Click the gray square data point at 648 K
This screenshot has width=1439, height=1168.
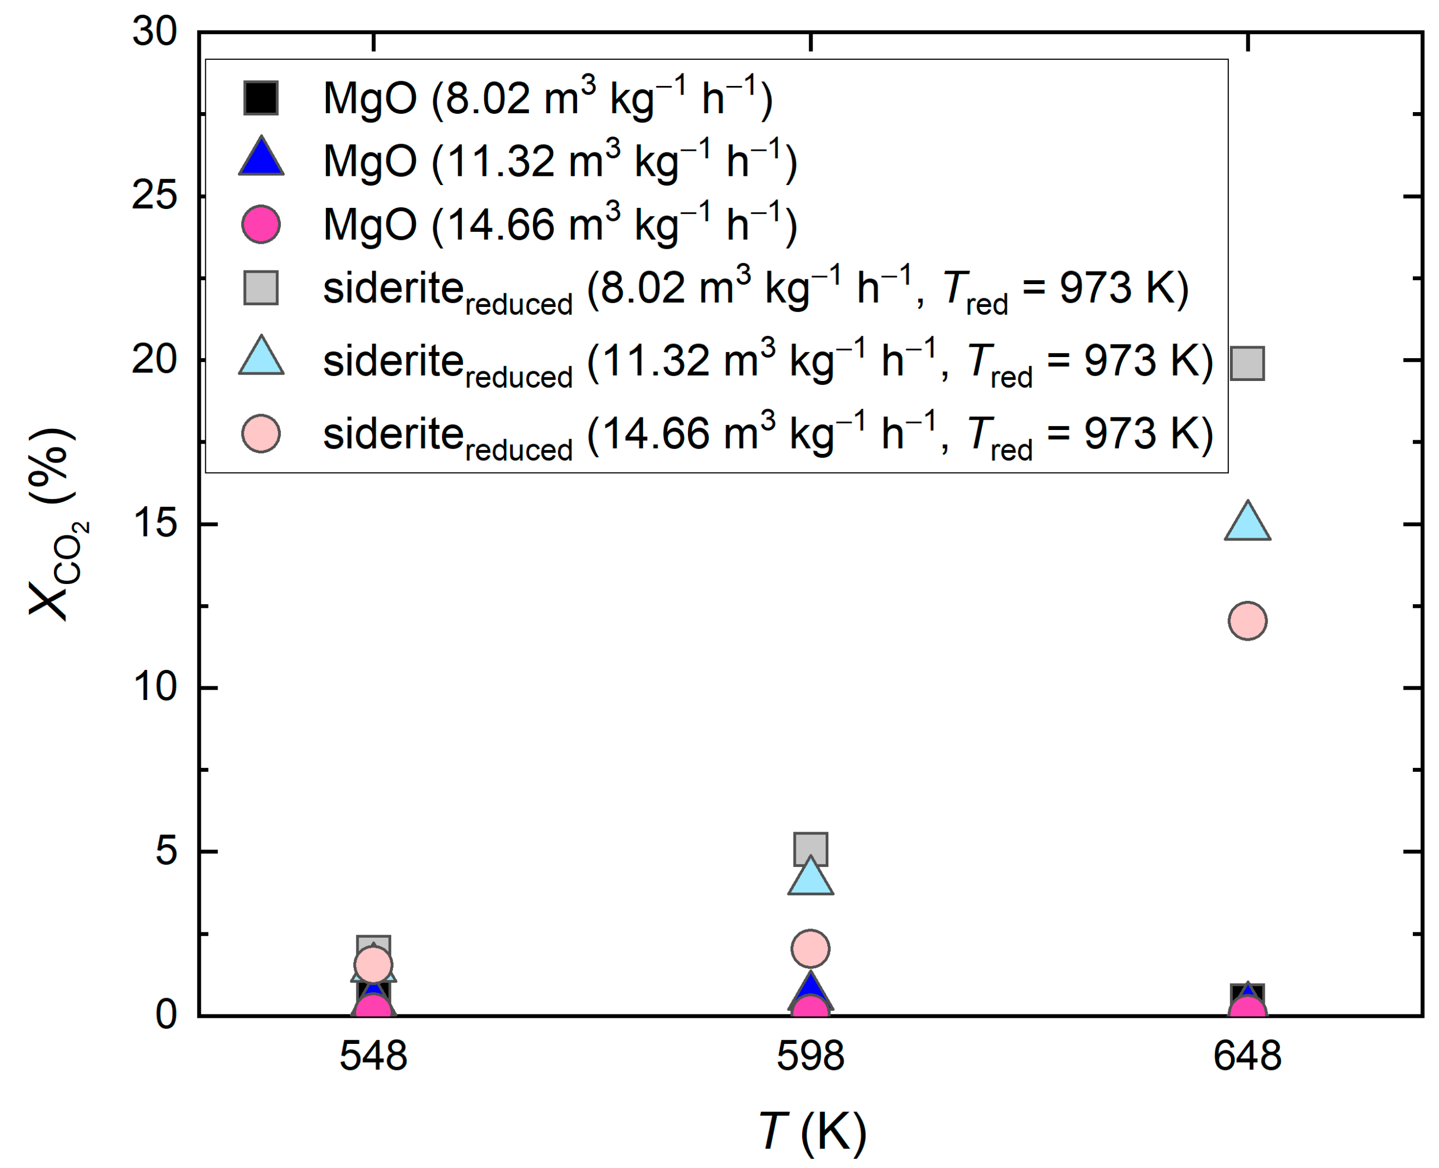click(x=1246, y=364)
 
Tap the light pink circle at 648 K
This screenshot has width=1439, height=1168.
click(x=1246, y=620)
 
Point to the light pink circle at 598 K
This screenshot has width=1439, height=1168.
click(x=810, y=949)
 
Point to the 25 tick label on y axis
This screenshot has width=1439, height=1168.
click(x=154, y=196)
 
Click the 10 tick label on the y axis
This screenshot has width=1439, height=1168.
click(x=154, y=687)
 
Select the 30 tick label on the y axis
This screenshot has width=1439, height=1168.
click(x=154, y=32)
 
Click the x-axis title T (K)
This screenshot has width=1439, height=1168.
click(x=811, y=1132)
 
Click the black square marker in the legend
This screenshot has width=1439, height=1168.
click(x=261, y=98)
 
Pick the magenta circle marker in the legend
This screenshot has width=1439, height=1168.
click(x=261, y=224)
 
